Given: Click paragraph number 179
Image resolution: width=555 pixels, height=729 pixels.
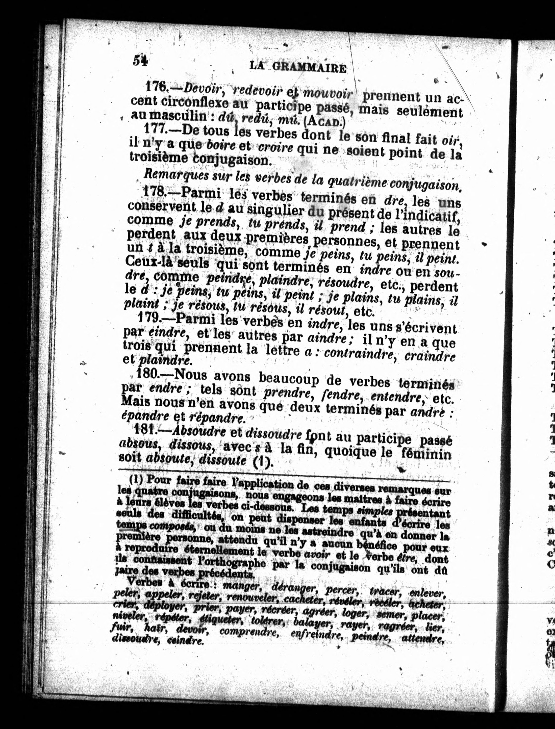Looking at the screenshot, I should pyautogui.click(x=149, y=318).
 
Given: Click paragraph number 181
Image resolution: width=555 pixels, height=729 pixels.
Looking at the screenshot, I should pyautogui.click(x=147, y=429).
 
